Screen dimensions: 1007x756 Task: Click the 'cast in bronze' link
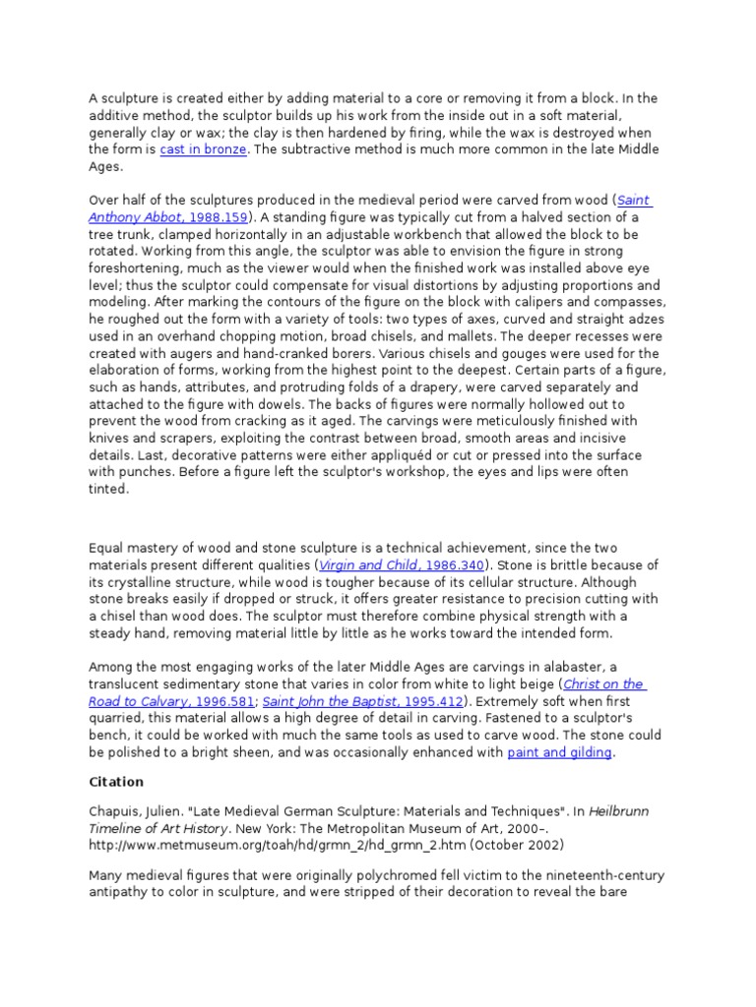point(204,149)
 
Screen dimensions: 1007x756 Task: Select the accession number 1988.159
point(217,217)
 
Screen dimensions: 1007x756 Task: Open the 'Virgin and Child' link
point(355,565)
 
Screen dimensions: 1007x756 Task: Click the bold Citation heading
point(116,782)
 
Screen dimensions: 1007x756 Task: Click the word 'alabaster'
point(587,667)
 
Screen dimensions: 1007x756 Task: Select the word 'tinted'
point(108,490)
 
